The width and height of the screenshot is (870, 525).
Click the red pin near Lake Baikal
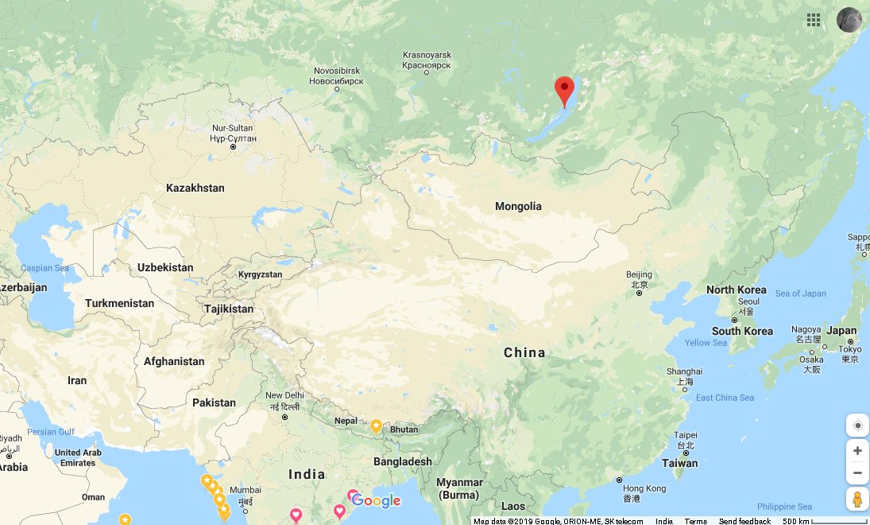(x=564, y=90)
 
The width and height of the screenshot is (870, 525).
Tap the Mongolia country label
(x=518, y=207)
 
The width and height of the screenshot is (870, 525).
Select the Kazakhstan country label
(x=195, y=189)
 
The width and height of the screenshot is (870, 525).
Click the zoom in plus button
(x=857, y=451)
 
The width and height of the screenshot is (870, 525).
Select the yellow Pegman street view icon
(x=857, y=500)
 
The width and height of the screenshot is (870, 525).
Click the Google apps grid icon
(x=814, y=20)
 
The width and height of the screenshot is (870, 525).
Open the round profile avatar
(x=849, y=20)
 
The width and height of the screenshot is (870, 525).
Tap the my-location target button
(x=857, y=426)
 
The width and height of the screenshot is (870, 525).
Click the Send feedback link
(x=744, y=521)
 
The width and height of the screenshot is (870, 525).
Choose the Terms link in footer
(x=695, y=521)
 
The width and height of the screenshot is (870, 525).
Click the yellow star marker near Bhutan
(x=376, y=426)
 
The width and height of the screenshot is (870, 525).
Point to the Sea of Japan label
(x=800, y=294)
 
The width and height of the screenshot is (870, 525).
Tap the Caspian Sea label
(x=44, y=268)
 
